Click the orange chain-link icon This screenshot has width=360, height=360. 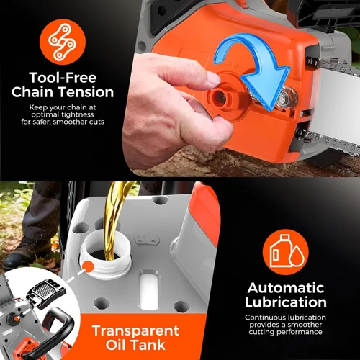(63, 42)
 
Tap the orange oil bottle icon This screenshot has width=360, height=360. (286, 252)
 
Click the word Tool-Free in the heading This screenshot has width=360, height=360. (63, 78)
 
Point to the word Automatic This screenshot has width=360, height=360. (286, 288)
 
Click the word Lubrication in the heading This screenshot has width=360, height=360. (286, 302)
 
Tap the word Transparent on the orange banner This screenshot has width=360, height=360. (135, 330)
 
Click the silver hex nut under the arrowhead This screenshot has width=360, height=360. (287, 97)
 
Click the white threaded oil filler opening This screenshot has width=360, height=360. (106, 254)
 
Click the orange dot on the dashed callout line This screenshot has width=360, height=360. (88, 266)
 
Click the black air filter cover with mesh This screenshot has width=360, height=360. (45, 292)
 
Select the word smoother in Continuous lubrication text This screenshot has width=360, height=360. (305, 325)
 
